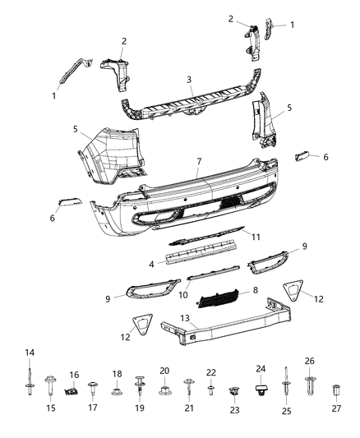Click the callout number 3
[x=189, y=80]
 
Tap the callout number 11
[x=256, y=237]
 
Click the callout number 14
[x=30, y=353]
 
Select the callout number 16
[x=73, y=374]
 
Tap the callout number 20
[x=164, y=371]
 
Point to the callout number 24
[x=261, y=369]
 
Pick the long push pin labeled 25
[x=287, y=385]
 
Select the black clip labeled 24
[x=261, y=385]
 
